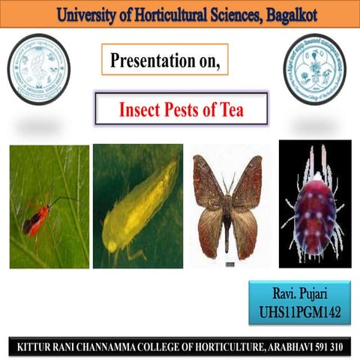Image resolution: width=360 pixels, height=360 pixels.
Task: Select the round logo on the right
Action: point(315,69)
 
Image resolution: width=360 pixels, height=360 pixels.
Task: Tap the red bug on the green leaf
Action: point(37,217)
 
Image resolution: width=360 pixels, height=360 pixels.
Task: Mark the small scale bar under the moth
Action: point(230,264)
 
